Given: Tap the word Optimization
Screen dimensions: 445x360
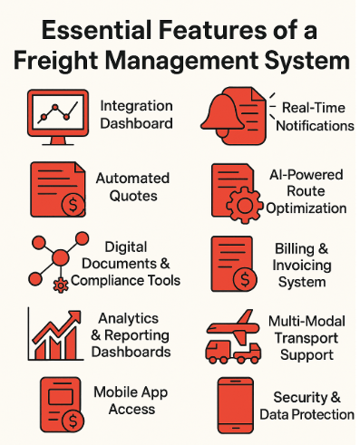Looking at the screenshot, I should click(x=306, y=208).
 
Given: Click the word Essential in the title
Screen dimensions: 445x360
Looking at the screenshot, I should click(x=88, y=31).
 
